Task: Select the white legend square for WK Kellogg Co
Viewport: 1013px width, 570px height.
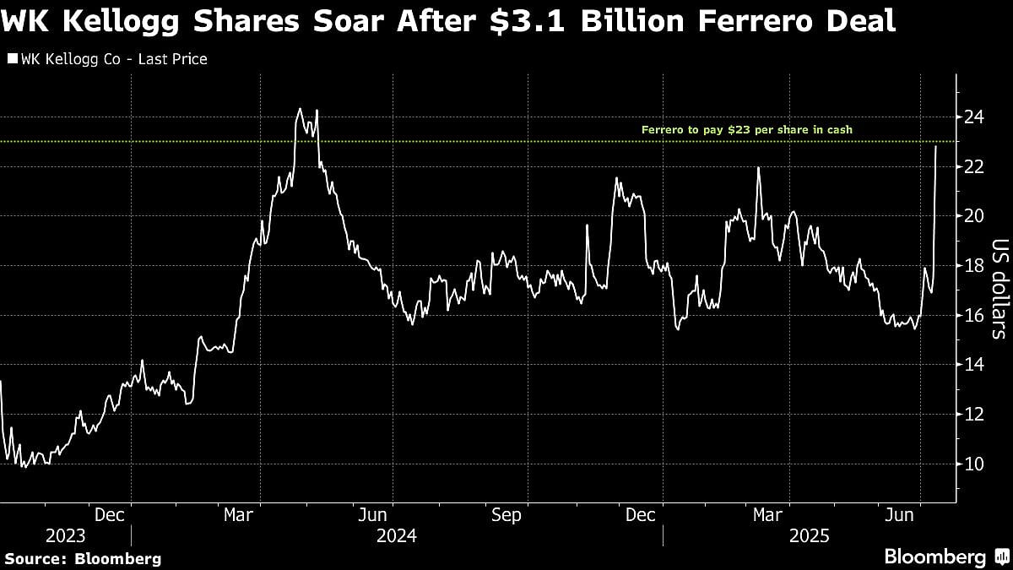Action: (x=11, y=59)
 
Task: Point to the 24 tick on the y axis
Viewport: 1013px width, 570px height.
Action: (x=975, y=117)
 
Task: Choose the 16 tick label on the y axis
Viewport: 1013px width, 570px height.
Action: (x=975, y=316)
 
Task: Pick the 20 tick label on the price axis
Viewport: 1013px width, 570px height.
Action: (x=975, y=216)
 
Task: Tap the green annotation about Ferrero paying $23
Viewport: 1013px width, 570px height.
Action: (x=746, y=130)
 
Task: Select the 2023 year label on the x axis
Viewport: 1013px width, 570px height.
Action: (x=65, y=535)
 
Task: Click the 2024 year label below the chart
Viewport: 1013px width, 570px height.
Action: (x=397, y=535)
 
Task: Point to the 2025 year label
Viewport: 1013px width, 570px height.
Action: (x=810, y=535)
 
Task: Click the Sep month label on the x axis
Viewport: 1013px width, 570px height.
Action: (x=506, y=514)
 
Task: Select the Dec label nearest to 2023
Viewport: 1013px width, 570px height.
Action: (x=111, y=514)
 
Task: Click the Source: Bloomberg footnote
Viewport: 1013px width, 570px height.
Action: (x=83, y=558)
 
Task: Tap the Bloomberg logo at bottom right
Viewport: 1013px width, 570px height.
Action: (x=935, y=556)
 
